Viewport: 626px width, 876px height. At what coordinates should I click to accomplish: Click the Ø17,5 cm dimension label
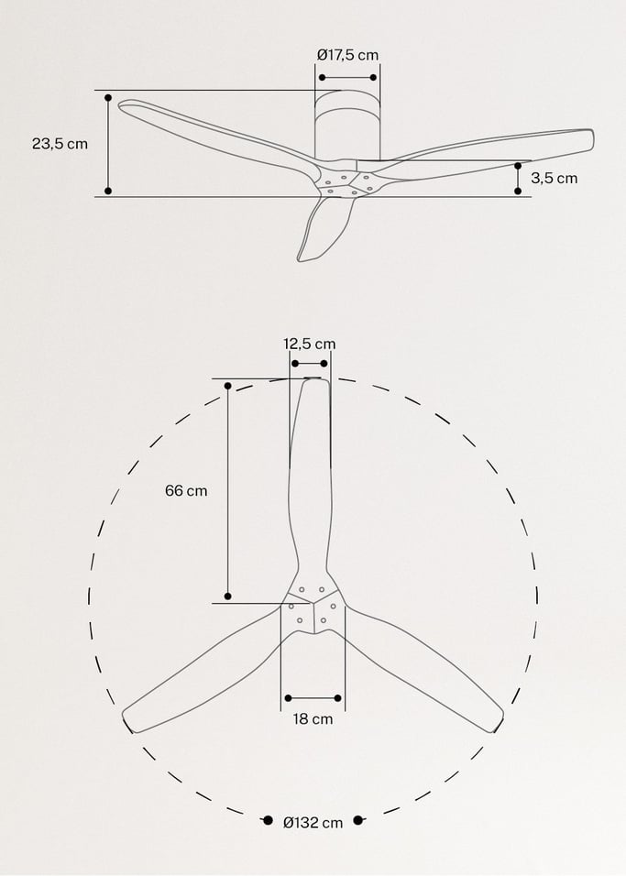point(347,55)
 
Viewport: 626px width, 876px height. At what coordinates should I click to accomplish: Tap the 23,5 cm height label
point(60,144)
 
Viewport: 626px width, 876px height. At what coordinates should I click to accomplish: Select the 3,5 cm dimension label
point(555,178)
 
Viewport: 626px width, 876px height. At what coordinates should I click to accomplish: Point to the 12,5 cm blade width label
point(309,344)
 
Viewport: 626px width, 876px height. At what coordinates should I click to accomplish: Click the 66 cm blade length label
point(186,490)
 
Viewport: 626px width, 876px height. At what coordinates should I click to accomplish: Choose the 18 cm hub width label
point(313,719)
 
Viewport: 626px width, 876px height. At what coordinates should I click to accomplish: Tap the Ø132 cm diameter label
point(313,823)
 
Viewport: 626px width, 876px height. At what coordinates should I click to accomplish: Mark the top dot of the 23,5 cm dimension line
point(108,96)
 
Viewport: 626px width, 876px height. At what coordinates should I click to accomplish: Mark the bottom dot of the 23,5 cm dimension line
point(108,191)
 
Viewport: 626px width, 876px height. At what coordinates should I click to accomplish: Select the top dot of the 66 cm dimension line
point(228,386)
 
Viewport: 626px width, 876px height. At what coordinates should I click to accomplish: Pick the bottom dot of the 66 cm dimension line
point(228,597)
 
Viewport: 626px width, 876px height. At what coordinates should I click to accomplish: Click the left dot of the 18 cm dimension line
point(287,698)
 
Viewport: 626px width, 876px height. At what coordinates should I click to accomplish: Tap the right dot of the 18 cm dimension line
point(338,698)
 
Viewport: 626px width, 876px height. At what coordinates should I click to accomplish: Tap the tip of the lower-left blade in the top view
point(131,720)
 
